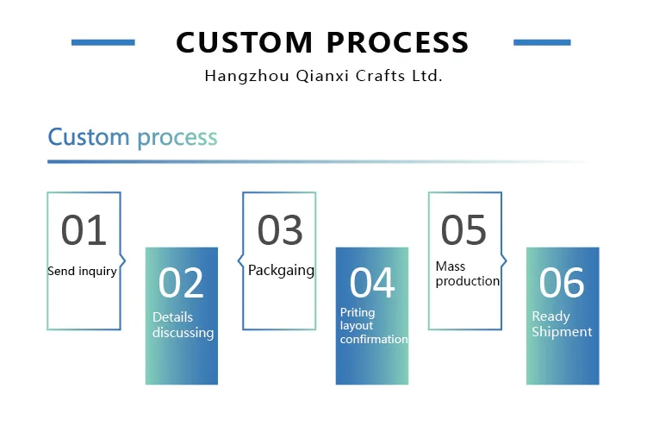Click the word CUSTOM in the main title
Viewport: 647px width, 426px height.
244,42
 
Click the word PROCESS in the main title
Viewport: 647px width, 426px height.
397,42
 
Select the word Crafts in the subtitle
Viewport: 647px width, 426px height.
373,76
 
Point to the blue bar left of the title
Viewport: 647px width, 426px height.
103,41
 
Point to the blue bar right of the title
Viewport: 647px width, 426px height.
542,41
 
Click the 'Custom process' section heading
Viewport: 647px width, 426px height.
133,137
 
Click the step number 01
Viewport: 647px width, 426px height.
84,230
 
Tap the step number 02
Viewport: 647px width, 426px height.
181,284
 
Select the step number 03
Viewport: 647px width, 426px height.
280,230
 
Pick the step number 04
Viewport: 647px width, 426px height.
372,284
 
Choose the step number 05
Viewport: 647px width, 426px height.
463,230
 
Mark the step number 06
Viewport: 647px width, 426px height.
562,284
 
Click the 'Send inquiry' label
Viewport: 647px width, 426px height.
82,271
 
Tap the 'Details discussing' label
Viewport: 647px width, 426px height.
183,325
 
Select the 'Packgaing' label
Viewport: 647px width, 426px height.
281,270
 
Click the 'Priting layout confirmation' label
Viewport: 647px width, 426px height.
373,326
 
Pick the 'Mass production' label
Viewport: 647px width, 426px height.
467,274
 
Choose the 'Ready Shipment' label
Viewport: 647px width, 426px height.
562,325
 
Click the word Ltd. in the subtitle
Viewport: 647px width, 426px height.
427,76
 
